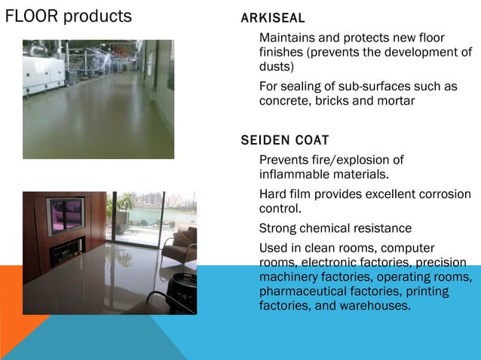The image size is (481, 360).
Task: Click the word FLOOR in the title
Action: [31, 16]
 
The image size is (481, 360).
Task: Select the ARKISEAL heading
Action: [272, 18]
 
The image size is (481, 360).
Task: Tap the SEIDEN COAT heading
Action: [284, 140]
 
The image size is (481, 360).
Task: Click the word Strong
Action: [278, 228]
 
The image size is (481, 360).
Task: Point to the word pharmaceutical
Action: [302, 291]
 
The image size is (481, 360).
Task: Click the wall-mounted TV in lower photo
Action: [66, 216]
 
